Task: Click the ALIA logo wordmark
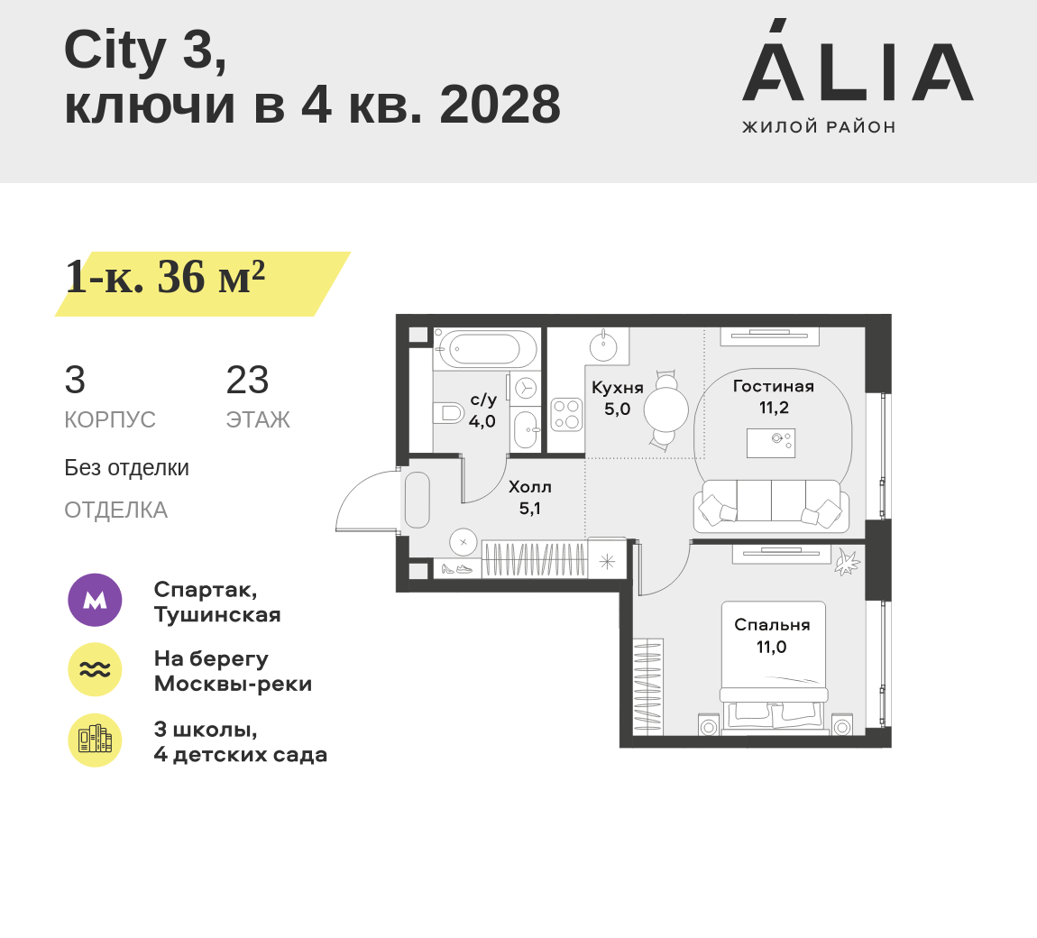coord(858,60)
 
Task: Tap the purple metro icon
coord(96,600)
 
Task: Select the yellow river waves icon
coord(96,669)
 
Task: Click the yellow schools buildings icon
coord(96,740)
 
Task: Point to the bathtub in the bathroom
coord(485,349)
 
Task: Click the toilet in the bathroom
coord(449,413)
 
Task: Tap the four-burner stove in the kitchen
coord(567,415)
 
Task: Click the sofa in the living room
coord(771,506)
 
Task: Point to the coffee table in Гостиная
coord(771,443)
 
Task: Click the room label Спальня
coord(772,625)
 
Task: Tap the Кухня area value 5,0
coord(617,409)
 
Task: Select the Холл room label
coord(529,487)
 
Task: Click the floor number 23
coord(247,380)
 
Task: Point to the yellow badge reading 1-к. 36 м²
coord(202,283)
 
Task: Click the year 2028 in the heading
coord(500,105)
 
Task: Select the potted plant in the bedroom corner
coord(846,562)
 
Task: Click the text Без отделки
coord(126,468)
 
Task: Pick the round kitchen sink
coord(603,346)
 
